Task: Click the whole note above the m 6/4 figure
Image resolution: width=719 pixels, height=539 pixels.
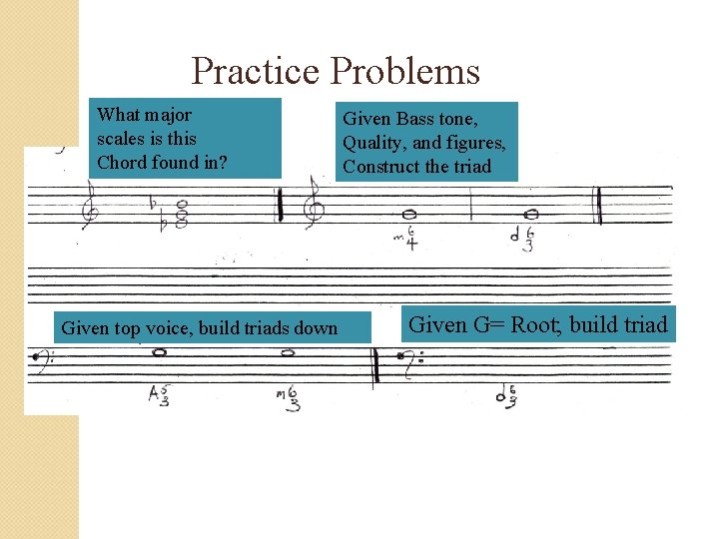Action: [x=408, y=214]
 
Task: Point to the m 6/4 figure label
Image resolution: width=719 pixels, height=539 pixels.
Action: [x=406, y=240]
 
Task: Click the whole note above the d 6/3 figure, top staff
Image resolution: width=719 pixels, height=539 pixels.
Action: [x=531, y=214]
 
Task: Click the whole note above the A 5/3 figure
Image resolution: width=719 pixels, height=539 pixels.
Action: [x=158, y=352]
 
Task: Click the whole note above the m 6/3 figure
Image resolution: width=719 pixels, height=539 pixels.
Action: [x=288, y=352]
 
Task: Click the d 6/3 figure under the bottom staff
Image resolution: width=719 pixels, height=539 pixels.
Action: [x=506, y=395]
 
